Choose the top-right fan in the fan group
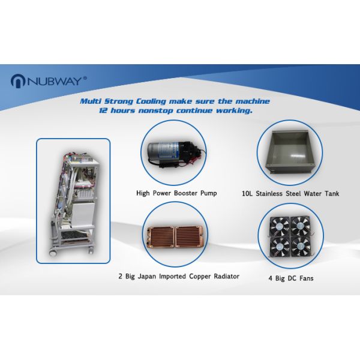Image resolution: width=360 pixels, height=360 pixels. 299,226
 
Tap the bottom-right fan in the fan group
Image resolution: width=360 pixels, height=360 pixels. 299,247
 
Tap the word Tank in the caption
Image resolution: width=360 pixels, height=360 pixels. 328,194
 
